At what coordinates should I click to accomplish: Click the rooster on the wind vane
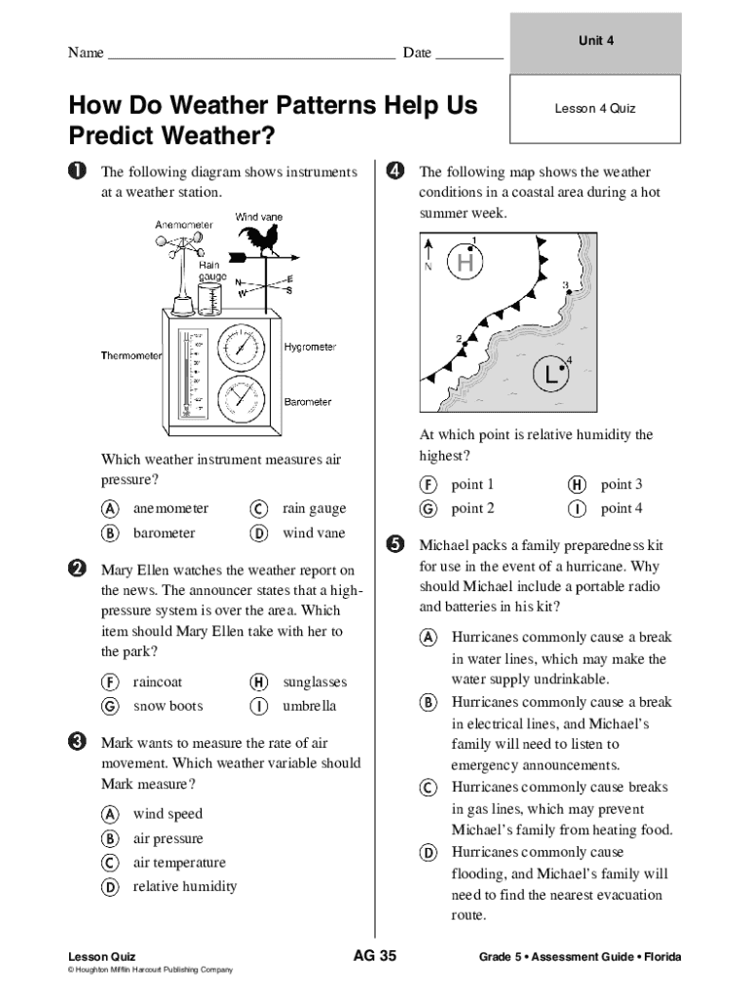pos(261,239)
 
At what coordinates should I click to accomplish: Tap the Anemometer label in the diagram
pos(183,225)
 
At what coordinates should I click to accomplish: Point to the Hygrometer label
pos(310,347)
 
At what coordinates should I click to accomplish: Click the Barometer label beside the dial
pos(308,401)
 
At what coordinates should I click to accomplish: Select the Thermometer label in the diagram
pos(131,355)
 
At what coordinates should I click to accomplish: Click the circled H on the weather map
pos(466,262)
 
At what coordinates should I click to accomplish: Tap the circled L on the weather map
pos(552,372)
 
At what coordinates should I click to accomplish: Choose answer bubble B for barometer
pos(111,533)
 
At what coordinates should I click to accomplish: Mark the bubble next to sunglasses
pos(259,683)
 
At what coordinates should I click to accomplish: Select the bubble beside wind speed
pos(111,814)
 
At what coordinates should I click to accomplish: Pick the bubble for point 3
pos(578,484)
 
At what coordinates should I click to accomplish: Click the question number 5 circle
pos(395,544)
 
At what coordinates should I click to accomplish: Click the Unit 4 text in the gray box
pos(595,41)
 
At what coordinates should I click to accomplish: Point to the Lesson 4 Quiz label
pos(594,108)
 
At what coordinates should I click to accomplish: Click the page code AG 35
pos(374,955)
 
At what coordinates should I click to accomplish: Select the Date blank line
pos(469,57)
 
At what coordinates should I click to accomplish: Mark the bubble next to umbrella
pos(259,706)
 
